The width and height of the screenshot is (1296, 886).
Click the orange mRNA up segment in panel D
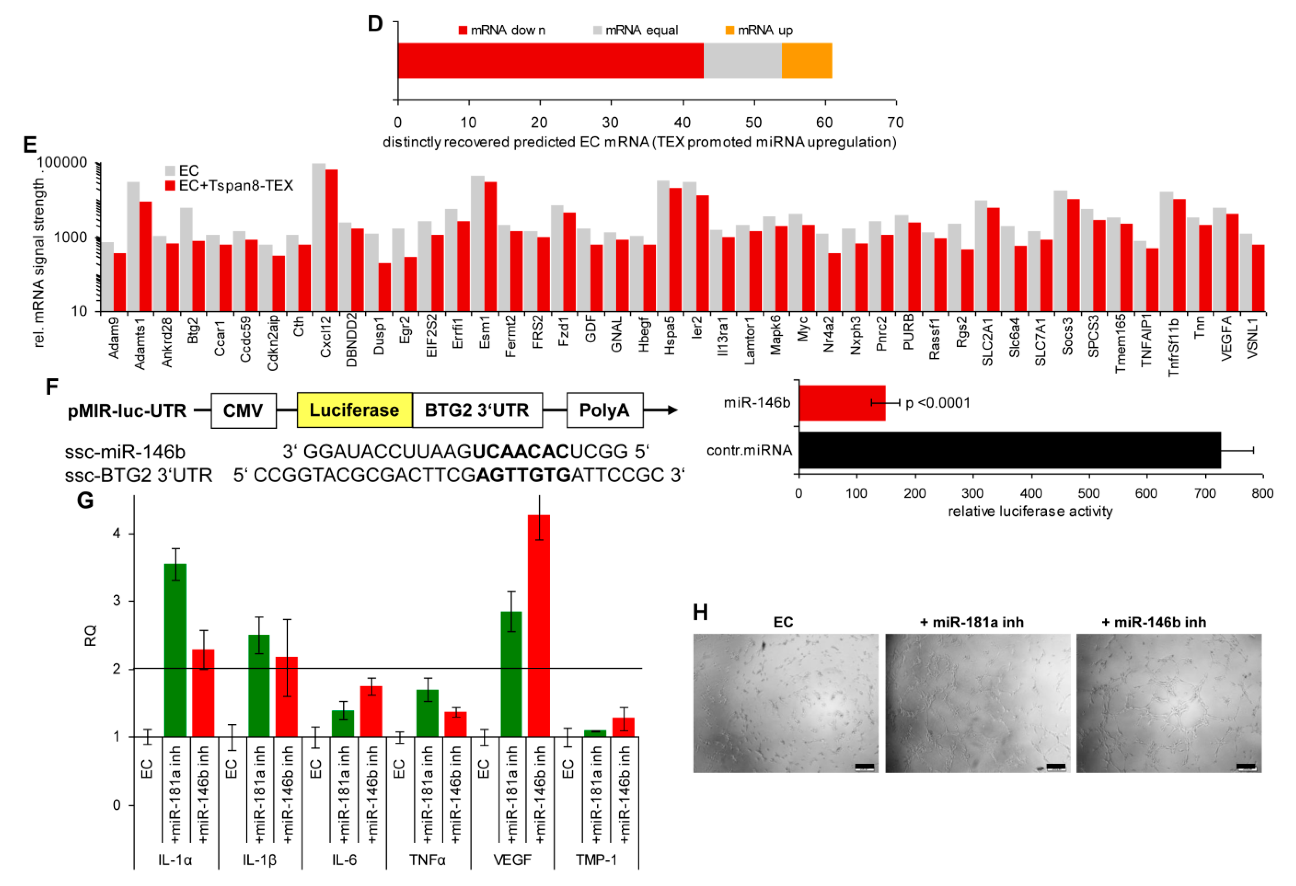pos(807,61)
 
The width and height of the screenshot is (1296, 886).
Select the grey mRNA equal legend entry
pos(636,30)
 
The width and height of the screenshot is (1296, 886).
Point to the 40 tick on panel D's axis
pos(682,122)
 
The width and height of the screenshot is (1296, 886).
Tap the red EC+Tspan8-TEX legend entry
pos(229,186)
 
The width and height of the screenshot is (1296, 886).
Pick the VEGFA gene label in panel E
pos(1226,337)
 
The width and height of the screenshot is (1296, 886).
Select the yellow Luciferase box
pos(354,410)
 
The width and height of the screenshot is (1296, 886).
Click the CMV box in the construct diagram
pos(243,411)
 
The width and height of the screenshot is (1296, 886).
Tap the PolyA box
pos(604,410)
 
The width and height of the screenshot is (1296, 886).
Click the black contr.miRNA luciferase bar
pos(1009,450)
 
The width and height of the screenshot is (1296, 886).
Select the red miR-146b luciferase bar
pos(842,403)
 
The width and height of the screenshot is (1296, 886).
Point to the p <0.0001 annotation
pos(938,403)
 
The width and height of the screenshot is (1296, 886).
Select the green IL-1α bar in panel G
pos(175,650)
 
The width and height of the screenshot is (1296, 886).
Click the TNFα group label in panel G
pos(427,859)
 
